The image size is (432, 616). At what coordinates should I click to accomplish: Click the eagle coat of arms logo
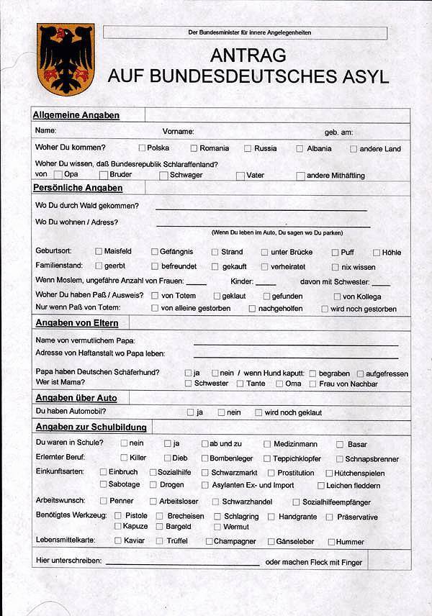point(66,59)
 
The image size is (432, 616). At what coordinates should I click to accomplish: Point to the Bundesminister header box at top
point(245,32)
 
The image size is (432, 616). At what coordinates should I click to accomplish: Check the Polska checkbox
point(142,148)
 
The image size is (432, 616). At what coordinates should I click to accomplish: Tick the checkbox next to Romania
point(194,148)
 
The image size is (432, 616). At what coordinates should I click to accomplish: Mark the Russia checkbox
point(248,148)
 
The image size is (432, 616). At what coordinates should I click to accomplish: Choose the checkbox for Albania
point(300,149)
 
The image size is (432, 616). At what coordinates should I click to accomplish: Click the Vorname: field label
point(178,132)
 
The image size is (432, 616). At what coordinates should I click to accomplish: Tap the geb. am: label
point(338,132)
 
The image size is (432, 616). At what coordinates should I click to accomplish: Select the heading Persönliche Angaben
point(78,188)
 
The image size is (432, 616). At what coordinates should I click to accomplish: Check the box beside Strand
point(215,253)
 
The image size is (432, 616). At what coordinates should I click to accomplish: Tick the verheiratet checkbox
point(265,267)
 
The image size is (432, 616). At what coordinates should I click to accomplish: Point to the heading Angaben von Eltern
point(77,322)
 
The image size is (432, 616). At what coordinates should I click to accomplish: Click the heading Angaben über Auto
point(76,397)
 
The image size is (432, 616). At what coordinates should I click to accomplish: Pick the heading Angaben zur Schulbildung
point(91,427)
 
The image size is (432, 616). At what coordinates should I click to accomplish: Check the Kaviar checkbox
point(117,541)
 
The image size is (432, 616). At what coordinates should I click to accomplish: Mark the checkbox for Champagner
point(210,541)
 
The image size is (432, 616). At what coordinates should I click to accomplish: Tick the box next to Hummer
point(331,542)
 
